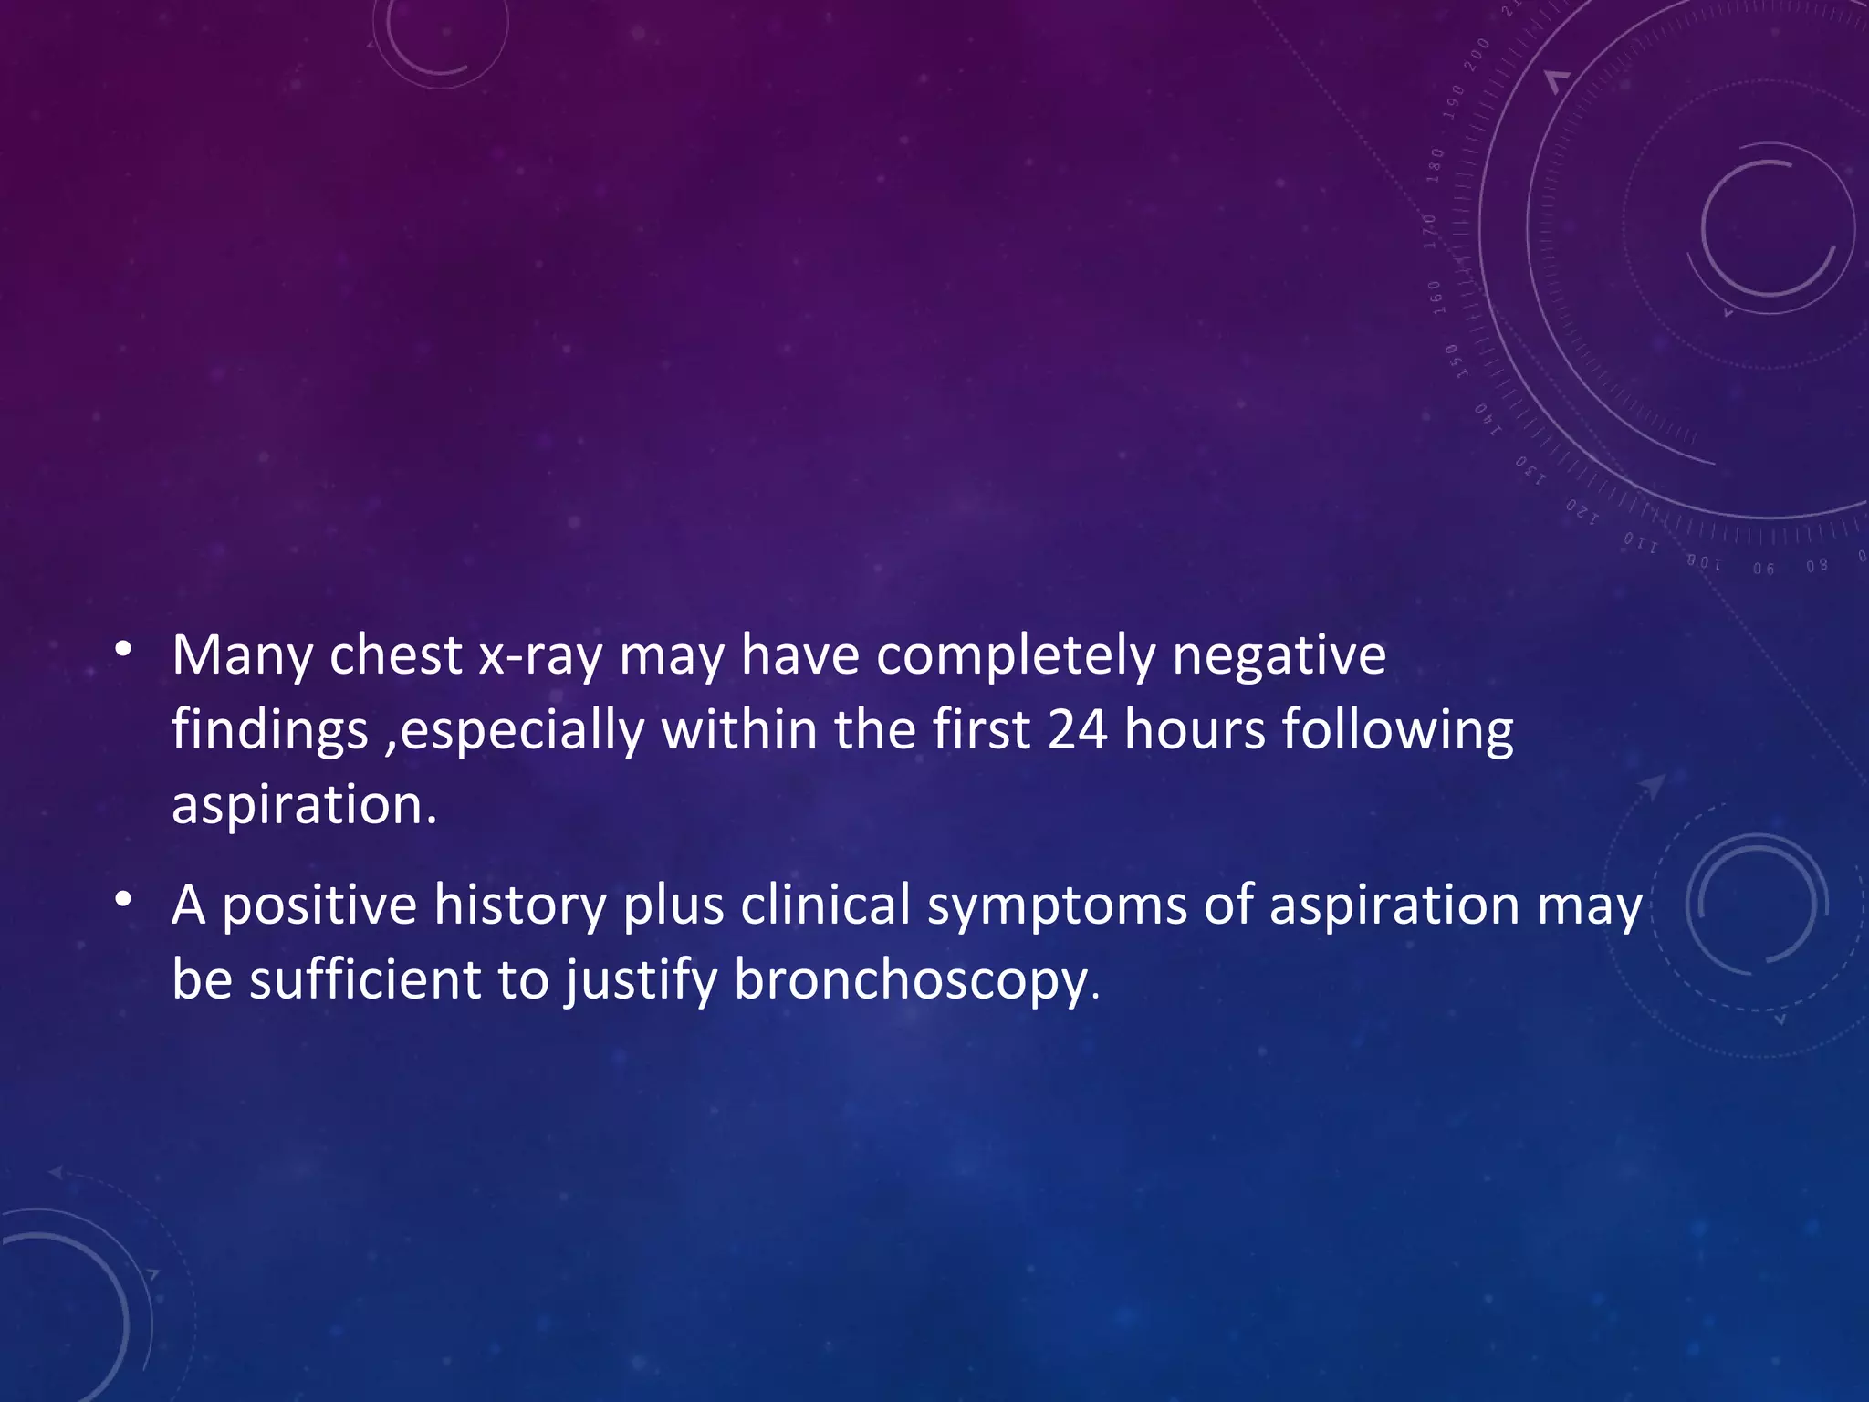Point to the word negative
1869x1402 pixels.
point(1279,657)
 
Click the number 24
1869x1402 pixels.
point(1077,730)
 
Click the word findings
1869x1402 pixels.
point(270,732)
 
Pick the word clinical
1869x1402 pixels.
point(826,905)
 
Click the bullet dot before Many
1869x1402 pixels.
point(123,650)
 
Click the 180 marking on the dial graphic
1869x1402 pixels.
point(1436,165)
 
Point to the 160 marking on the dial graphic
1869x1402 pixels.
point(1436,298)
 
